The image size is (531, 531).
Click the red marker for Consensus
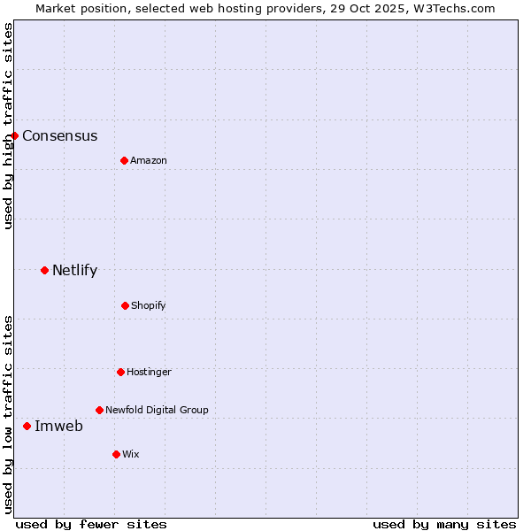click(15, 135)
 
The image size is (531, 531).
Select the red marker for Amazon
click(124, 160)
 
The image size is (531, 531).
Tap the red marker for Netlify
click(44, 270)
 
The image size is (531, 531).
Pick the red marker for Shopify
click(125, 305)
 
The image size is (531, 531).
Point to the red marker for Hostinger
click(120, 372)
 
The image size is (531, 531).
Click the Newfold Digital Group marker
click(99, 410)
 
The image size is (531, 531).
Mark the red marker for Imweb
click(27, 426)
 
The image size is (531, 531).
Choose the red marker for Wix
click(116, 454)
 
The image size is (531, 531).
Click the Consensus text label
click(60, 135)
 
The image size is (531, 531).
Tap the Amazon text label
click(149, 160)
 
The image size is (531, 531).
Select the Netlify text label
click(75, 270)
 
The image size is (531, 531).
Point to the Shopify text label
click(149, 305)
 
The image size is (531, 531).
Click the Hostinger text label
click(150, 372)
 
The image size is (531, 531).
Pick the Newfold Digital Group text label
click(158, 410)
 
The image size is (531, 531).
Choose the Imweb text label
click(59, 426)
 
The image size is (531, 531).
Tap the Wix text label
click(131, 454)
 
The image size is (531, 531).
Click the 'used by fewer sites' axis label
click(91, 524)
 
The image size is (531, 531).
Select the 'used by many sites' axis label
click(444, 524)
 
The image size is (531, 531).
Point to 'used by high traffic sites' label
click(8, 126)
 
